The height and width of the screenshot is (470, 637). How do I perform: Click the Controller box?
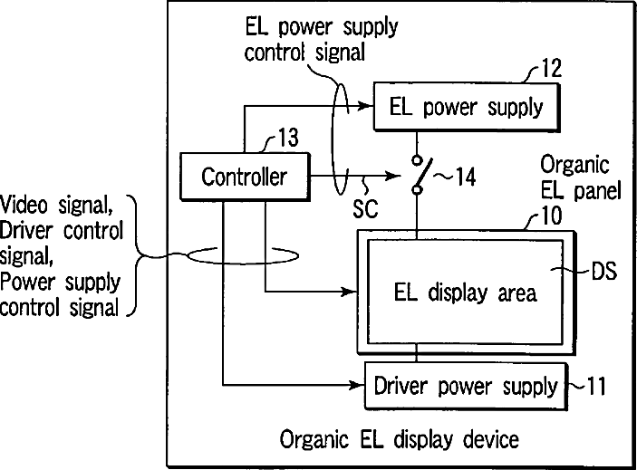click(243, 177)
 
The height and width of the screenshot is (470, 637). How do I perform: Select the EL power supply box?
click(467, 109)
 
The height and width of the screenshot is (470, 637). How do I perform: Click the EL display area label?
click(466, 292)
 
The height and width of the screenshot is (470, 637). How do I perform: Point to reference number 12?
click(551, 68)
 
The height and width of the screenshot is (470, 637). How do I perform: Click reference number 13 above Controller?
click(287, 138)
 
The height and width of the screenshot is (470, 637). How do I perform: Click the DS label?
click(603, 272)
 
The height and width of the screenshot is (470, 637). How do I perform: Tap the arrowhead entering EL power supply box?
click(369, 108)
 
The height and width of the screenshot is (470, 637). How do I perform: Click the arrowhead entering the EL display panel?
click(351, 292)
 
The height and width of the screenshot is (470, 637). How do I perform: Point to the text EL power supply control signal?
click(322, 39)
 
